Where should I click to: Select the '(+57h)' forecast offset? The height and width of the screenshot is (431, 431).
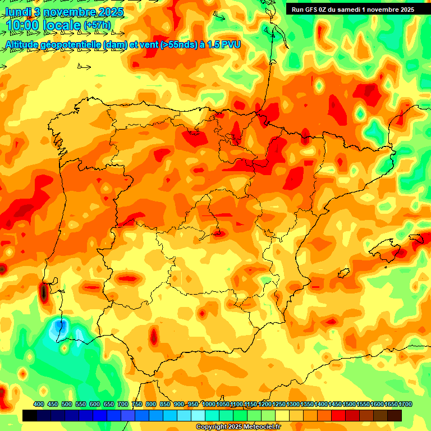97,26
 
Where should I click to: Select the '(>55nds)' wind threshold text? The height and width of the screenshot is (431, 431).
168,44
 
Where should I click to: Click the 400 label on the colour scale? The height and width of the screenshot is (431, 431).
39,404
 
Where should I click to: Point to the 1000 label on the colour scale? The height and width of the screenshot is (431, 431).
209,404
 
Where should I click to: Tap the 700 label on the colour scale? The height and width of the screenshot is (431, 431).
123,404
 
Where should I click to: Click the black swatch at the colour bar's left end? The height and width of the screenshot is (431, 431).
30,415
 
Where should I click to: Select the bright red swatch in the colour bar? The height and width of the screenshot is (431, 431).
338,415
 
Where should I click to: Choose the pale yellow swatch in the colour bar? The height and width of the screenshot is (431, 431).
282,415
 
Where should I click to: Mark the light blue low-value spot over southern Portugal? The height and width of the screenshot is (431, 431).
59,327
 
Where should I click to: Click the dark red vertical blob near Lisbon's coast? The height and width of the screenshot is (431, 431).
44,292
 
